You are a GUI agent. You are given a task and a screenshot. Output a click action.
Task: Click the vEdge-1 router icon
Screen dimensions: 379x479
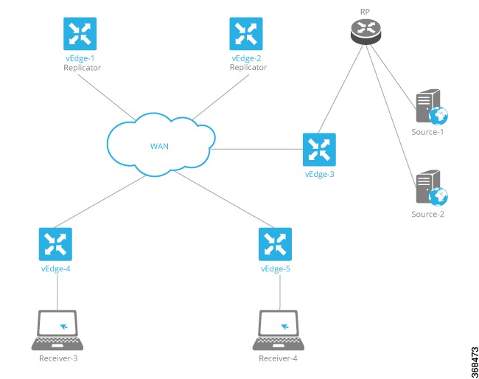[x=78, y=34]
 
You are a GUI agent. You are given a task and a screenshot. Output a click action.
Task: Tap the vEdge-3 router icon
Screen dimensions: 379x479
[x=319, y=149]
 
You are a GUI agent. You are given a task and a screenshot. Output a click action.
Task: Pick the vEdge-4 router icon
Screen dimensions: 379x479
[x=55, y=244]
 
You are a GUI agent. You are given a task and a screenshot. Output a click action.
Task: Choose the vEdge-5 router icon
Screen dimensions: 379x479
[x=276, y=244]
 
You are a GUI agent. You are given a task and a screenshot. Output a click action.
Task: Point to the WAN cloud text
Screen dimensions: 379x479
[x=160, y=145]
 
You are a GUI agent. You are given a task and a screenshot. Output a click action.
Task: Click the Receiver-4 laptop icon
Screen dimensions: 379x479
[x=279, y=330]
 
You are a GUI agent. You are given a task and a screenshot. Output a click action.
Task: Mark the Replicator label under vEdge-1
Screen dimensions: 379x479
[x=82, y=68]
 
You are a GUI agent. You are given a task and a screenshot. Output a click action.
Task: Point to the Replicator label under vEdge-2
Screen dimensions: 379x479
[x=248, y=68]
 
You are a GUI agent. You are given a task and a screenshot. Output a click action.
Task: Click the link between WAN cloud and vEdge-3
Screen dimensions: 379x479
[x=258, y=149]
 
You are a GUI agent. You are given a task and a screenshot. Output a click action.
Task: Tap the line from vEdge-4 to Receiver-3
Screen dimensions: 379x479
[x=57, y=292]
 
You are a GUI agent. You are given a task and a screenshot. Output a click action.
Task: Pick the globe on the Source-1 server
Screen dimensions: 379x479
[x=440, y=115]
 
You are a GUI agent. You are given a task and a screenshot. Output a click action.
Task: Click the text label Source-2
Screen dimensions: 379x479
[x=428, y=215]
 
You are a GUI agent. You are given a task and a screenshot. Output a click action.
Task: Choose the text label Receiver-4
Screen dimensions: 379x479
[x=279, y=359]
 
